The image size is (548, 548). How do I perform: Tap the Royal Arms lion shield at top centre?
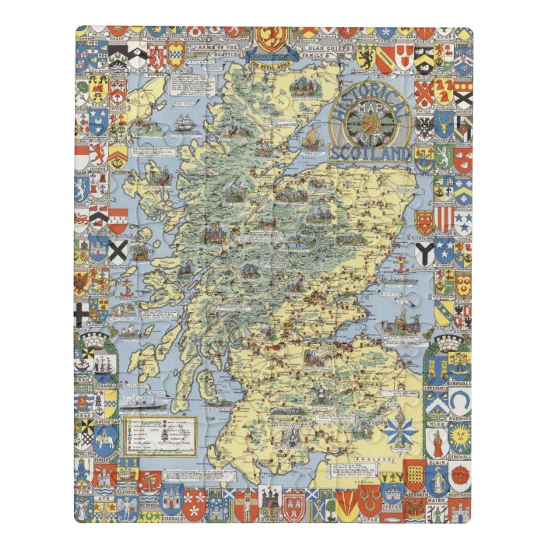(272, 38)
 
